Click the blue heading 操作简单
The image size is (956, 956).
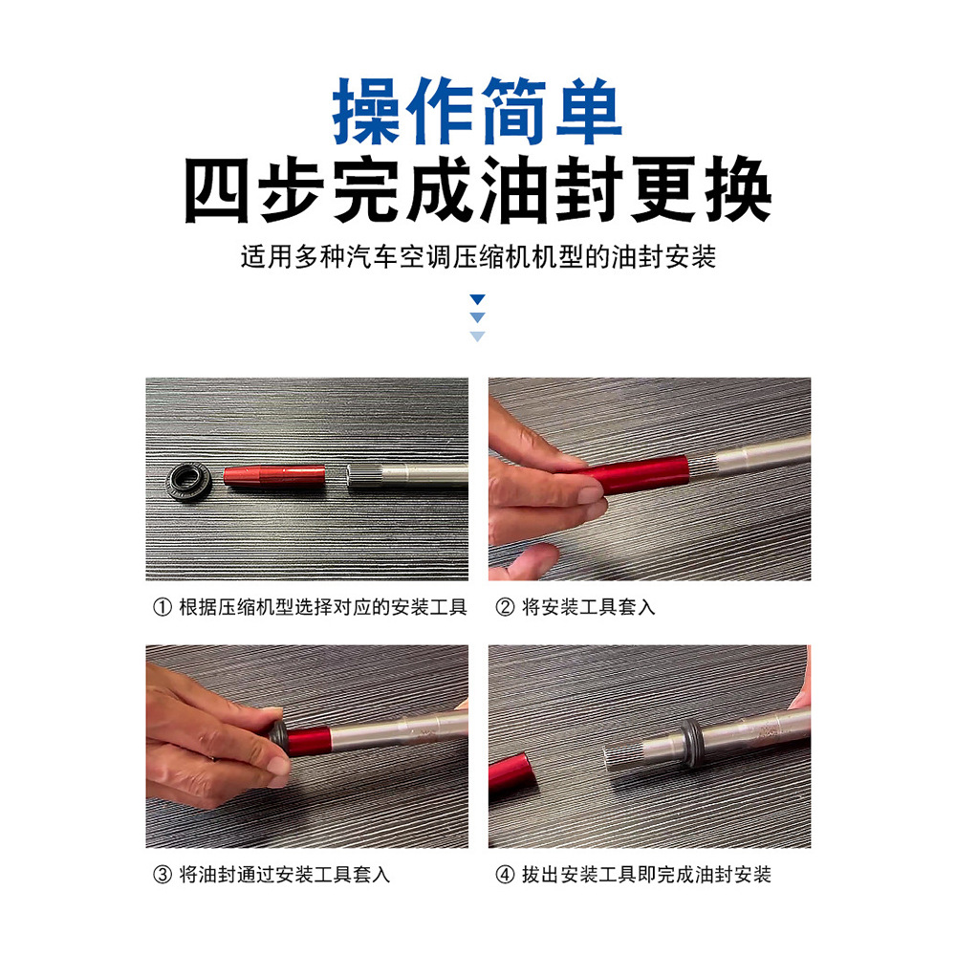[477, 111]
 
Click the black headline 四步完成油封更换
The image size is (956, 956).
[478, 189]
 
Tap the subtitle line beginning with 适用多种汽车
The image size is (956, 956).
[478, 256]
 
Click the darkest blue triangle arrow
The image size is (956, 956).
[477, 298]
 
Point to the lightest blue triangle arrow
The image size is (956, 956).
[477, 336]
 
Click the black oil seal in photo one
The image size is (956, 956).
[188, 481]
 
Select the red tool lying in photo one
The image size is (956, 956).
[274, 476]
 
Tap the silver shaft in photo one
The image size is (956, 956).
[407, 476]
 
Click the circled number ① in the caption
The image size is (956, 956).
[163, 607]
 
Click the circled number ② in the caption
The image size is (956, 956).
[505, 607]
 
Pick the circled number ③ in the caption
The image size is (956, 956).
[163, 875]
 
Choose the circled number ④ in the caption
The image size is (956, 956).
[505, 875]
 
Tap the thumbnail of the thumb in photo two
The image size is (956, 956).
[590, 493]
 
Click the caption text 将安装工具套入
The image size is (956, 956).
[588, 607]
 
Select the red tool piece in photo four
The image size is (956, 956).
[512, 772]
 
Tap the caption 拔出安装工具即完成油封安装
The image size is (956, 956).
[646, 875]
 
